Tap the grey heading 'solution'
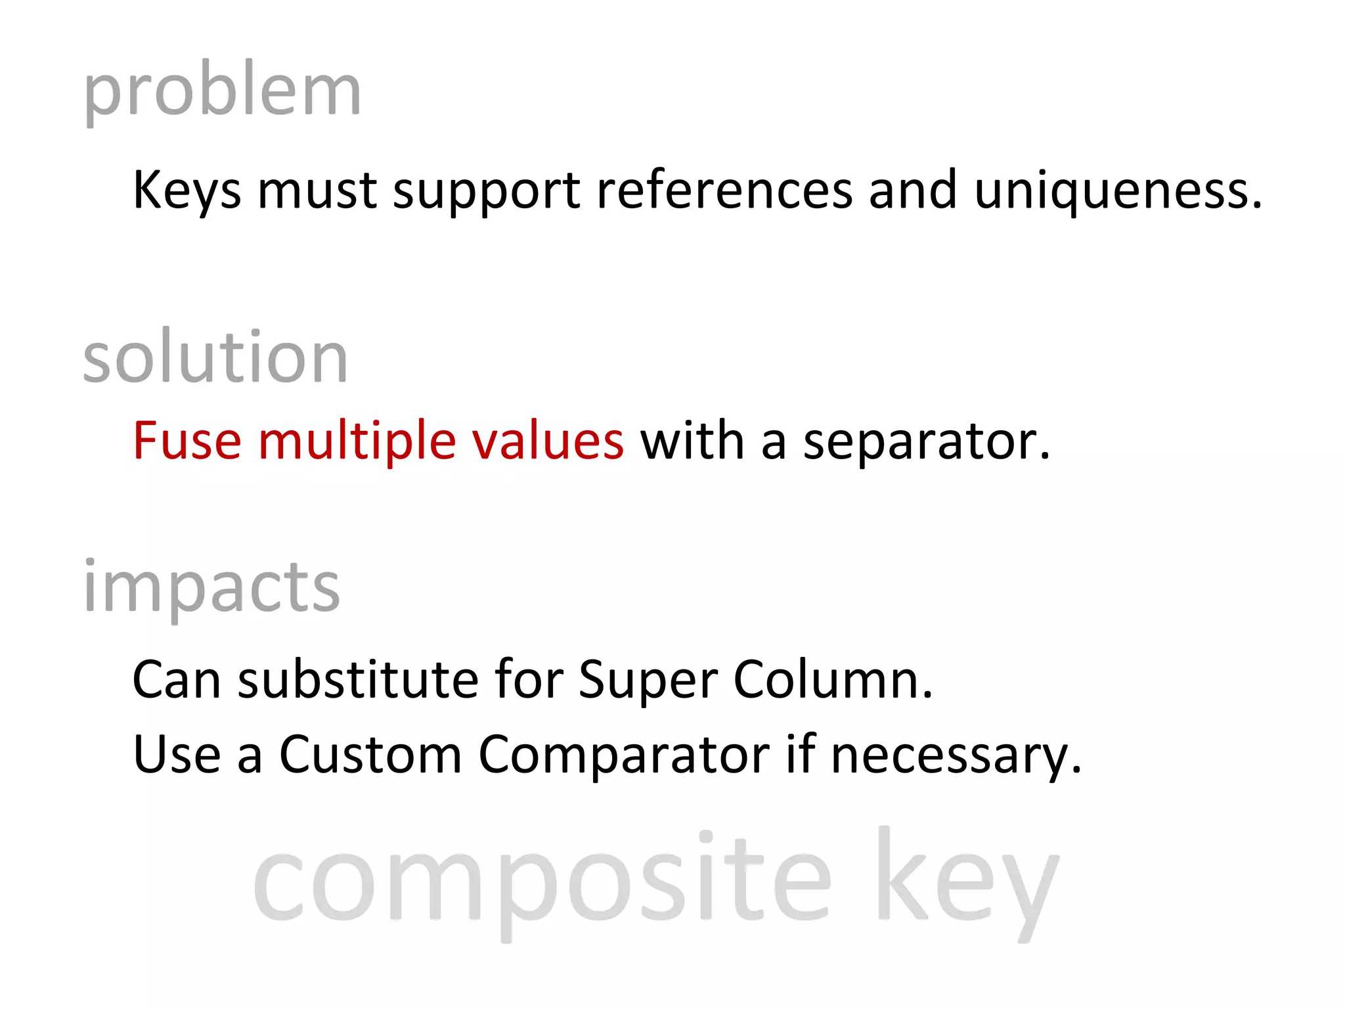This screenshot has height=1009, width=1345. (x=215, y=358)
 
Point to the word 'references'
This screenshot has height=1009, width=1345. (x=724, y=191)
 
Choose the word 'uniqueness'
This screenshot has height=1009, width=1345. (x=1116, y=191)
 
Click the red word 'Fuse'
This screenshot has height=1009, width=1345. (x=187, y=441)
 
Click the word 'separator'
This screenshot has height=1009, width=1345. (x=926, y=441)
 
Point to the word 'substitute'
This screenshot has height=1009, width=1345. (x=358, y=679)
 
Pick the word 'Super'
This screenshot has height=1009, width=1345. (x=648, y=679)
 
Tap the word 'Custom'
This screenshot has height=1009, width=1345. (x=370, y=754)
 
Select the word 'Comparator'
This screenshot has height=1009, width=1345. (x=624, y=754)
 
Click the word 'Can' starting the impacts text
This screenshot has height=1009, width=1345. (x=176, y=679)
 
